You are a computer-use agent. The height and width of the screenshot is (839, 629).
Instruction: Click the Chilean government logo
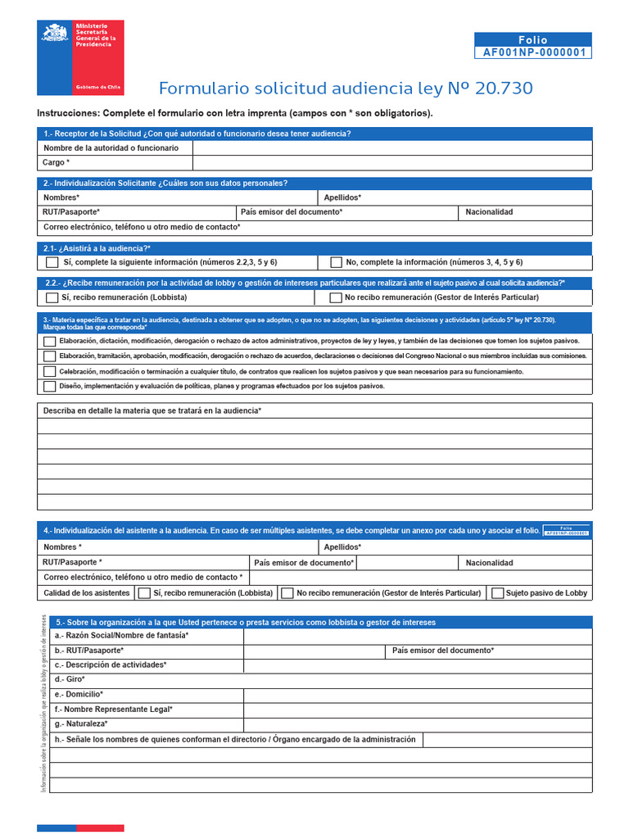pos(80,57)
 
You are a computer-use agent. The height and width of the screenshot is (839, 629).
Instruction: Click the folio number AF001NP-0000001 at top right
pos(532,52)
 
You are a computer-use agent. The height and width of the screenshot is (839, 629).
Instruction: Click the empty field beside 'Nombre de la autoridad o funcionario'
pos(391,147)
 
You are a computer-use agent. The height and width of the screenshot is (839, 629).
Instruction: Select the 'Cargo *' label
pos(57,163)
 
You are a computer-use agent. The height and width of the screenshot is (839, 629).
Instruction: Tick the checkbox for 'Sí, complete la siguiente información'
pos(52,262)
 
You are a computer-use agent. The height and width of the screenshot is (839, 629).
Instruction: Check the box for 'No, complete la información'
pos(336,262)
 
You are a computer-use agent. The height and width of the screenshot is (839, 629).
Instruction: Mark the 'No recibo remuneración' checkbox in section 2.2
pos(336,297)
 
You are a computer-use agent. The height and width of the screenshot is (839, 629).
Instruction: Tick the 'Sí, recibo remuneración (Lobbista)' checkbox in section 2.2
pos(52,297)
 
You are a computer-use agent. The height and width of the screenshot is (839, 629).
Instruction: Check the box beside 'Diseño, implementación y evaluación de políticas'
pos(50,386)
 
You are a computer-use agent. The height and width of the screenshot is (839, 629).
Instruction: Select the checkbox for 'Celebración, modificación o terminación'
pos(50,371)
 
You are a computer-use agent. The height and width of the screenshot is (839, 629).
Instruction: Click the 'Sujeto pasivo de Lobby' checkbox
pos(497,592)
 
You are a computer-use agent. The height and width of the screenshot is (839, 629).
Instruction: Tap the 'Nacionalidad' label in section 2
pos(489,212)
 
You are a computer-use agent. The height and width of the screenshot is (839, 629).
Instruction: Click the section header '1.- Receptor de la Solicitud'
pos(197,134)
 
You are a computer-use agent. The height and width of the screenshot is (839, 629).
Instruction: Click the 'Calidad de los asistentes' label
pos(87,592)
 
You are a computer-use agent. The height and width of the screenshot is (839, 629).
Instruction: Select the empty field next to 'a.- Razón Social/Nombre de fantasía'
pos(417,636)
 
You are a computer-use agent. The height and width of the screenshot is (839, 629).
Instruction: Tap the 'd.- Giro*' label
pos(70,680)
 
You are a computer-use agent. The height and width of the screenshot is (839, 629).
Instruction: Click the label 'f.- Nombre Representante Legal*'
pos(114,710)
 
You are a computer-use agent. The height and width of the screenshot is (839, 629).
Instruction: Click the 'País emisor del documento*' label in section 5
pos(443,651)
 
